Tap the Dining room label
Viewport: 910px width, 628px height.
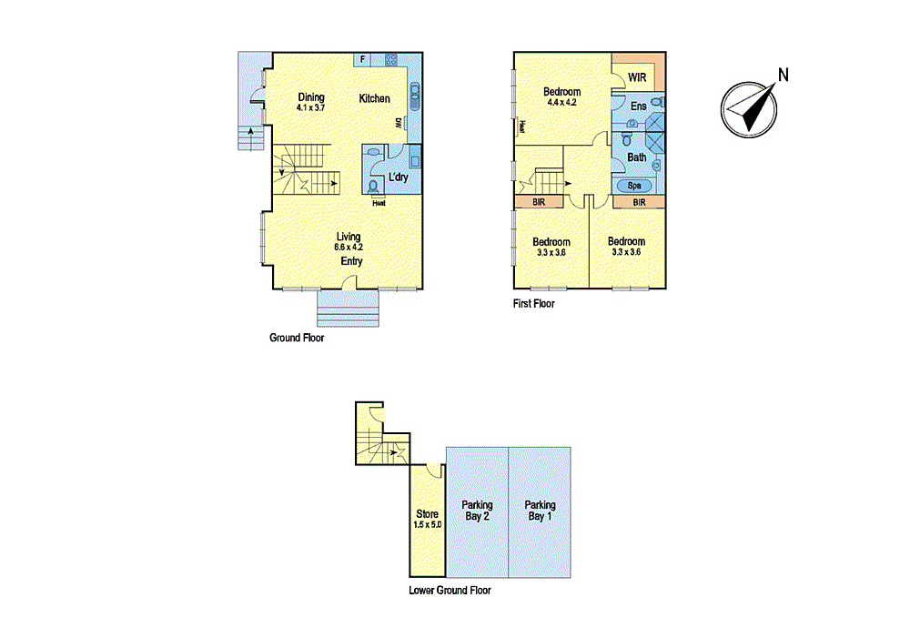tap(311, 97)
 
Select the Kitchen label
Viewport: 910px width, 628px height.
tap(374, 98)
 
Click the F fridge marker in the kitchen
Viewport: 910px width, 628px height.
tap(363, 60)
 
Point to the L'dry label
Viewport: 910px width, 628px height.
tap(399, 177)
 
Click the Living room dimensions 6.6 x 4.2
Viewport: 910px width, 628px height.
tap(349, 247)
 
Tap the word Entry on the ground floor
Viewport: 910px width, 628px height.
tap(352, 261)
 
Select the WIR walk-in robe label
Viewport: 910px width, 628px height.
tap(637, 78)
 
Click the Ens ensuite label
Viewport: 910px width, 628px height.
tap(638, 106)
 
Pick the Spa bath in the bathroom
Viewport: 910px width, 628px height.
tap(633, 185)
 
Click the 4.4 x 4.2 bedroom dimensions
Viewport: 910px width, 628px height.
tap(563, 103)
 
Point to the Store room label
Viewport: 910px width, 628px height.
tap(427, 514)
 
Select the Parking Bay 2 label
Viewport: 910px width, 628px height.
tap(477, 511)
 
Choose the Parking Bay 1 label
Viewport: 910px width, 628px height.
tap(541, 511)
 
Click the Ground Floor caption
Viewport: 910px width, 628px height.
tap(297, 338)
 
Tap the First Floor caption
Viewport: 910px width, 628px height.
tap(533, 304)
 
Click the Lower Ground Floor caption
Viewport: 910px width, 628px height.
tap(450, 591)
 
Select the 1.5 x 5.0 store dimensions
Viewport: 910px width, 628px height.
tap(427, 524)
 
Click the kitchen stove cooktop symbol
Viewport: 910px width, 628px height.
tap(391, 60)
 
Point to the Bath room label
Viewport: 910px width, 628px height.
tap(637, 157)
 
